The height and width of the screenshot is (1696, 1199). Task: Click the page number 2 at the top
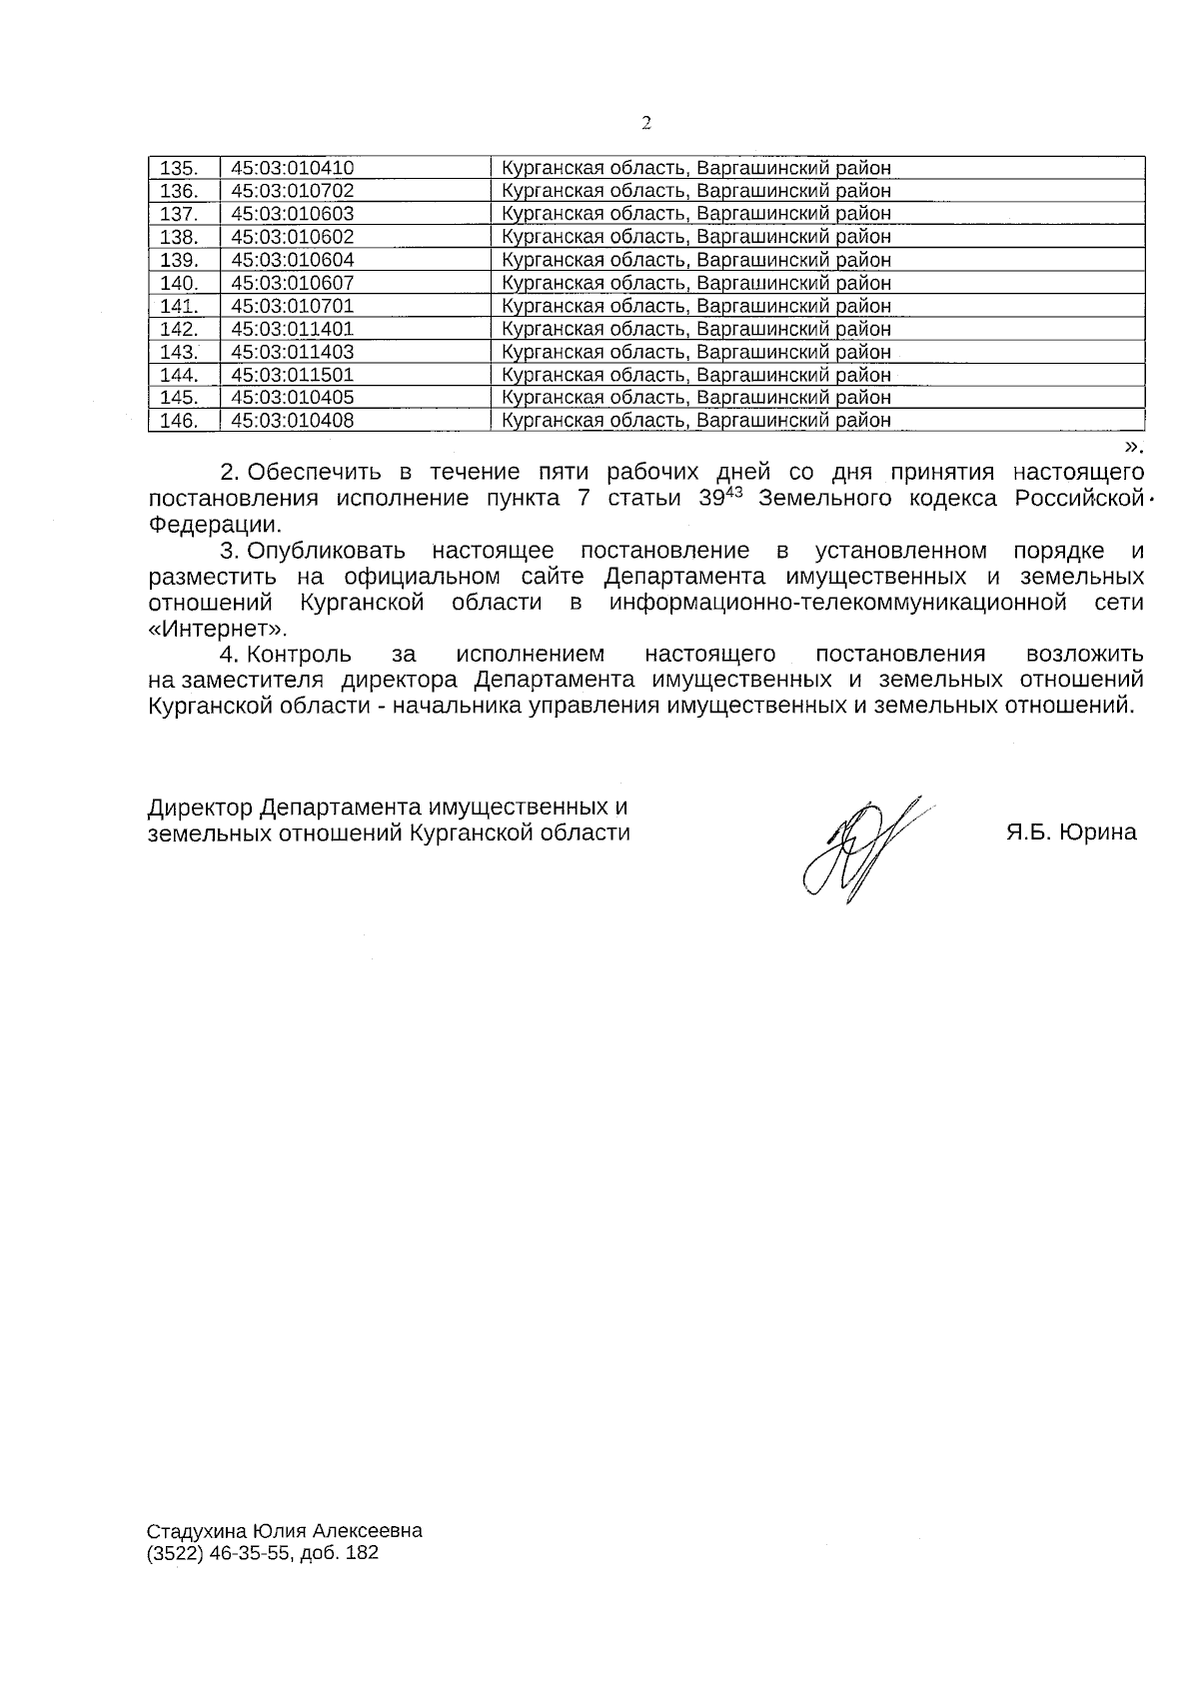[645, 123]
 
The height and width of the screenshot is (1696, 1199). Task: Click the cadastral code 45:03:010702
[292, 191]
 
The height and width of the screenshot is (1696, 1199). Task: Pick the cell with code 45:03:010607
[292, 283]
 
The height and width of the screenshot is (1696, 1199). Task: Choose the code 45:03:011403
[292, 352]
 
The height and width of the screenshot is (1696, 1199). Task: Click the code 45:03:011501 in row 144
[292, 375]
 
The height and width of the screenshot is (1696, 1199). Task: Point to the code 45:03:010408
[292, 421]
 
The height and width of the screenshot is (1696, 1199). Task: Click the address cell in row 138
[695, 237]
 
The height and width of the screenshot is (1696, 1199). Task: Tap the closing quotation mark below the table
[1132, 446]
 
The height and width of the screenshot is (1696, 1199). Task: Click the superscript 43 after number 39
[734, 491]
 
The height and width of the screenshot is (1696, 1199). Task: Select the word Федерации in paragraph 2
[213, 524]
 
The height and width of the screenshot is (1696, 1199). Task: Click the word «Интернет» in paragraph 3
[216, 629]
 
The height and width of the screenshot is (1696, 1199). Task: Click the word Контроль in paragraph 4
[299, 655]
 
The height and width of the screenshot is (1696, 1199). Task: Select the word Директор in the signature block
[200, 807]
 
